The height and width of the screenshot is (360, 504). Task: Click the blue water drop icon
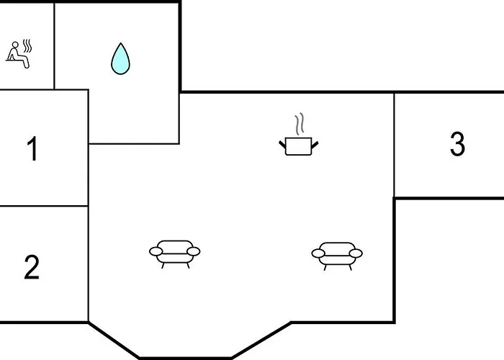coord(120,58)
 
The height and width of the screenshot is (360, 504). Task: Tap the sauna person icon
coord(19,54)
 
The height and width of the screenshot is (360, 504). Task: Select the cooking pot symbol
coord(299,135)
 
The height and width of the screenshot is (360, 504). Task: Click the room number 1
coord(32,148)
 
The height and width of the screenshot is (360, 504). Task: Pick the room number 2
coord(32,267)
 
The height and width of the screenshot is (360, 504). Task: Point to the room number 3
coord(457,144)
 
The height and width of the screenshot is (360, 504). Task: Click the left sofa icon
coord(174,254)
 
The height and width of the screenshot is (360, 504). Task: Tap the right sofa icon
coord(337,256)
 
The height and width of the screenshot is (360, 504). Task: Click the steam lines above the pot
coord(300,124)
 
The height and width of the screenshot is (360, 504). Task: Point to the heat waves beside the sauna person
coord(27,46)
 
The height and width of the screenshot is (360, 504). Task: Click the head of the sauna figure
coord(15,45)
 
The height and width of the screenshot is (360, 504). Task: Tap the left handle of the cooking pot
coord(282,144)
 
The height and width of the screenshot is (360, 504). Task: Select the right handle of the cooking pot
coord(315,145)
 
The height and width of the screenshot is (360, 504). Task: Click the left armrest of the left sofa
coord(156,251)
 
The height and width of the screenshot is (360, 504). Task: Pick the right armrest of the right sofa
coord(356,253)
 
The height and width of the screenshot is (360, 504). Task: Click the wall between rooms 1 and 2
coord(44,206)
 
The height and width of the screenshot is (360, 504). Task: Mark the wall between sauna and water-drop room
coord(54,46)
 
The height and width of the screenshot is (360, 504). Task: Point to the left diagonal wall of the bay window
coord(114,339)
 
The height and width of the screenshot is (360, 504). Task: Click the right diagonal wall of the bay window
coord(261,339)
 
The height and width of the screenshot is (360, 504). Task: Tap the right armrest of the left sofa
coord(194,251)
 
